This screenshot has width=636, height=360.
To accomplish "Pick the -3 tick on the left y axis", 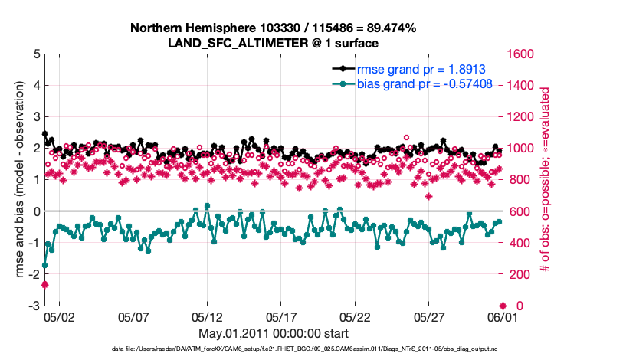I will [34, 306].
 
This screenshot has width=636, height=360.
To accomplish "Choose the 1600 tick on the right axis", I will [522, 54].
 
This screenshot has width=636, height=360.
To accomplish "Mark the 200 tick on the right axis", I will [519, 274].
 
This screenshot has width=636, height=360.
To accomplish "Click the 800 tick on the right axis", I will [519, 180].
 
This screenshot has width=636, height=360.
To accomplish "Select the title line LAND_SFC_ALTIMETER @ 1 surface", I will [273, 43].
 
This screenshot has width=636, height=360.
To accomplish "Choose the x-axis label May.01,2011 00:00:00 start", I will [273, 334].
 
